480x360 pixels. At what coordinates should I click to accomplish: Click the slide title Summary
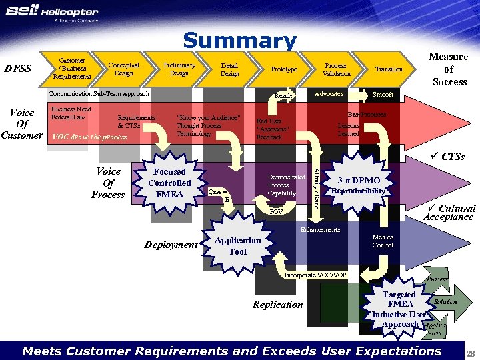240,41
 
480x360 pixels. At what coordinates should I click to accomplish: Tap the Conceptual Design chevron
124,69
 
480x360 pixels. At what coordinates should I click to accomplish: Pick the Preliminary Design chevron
179,69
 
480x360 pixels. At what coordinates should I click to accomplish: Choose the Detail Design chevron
229,69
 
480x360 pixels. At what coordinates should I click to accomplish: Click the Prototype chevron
284,69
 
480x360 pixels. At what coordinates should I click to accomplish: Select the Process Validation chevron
336,69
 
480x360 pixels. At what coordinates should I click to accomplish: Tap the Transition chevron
389,69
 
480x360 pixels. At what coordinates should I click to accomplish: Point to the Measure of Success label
449,69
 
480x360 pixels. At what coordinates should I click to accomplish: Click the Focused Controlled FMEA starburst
169,183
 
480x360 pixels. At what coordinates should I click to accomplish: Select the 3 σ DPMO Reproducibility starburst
359,185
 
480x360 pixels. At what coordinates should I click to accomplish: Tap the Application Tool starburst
237,246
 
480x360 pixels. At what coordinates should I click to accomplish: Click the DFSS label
18,69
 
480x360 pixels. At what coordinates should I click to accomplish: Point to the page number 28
470,352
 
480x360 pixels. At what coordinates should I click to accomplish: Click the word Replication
277,305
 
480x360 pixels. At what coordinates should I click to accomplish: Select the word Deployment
171,245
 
